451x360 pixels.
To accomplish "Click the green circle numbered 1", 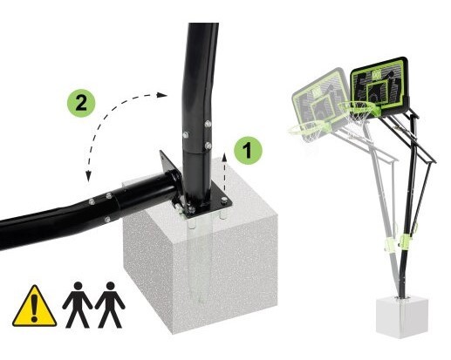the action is (248, 151).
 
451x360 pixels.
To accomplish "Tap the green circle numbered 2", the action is (81, 103).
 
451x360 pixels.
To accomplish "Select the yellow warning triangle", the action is (34, 306).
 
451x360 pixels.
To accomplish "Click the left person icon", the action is (78, 304).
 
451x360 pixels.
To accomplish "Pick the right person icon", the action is (110, 304).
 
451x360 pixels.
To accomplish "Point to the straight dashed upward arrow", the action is (224, 173).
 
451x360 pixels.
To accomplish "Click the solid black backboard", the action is (380, 85).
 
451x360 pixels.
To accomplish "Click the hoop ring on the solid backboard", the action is (359, 107).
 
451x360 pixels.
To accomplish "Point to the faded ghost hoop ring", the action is (307, 128).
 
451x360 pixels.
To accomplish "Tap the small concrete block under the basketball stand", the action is (401, 317).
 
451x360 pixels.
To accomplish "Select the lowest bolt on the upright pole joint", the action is (208, 146).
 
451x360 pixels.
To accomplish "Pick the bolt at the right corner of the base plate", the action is (224, 200).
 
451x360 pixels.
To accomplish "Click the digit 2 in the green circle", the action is (81, 103).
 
